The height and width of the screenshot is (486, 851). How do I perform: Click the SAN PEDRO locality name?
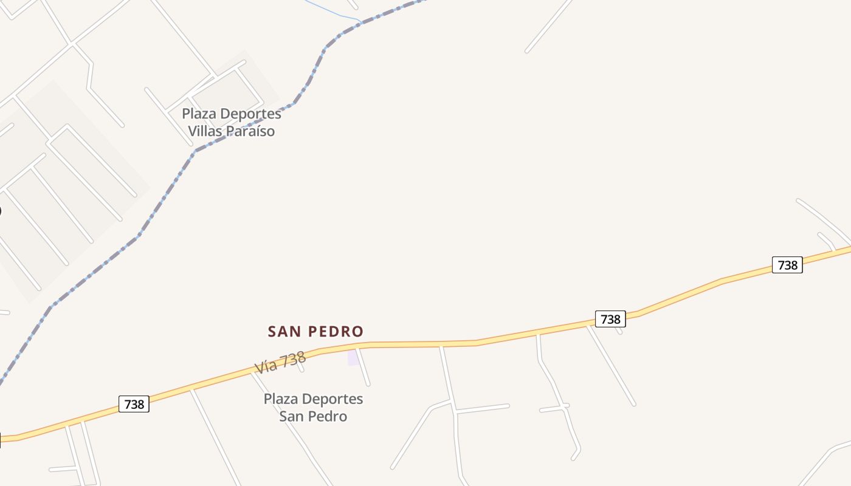pos(315,332)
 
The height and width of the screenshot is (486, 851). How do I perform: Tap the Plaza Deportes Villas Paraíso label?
pos(232,122)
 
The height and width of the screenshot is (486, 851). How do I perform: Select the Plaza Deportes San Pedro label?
pos(313,407)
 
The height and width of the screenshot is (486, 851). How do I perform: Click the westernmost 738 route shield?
pos(134,404)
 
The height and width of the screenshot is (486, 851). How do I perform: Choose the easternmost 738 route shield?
pos(787,265)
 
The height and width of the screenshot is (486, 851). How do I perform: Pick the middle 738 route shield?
pos(610,319)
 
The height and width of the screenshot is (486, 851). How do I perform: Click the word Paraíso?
pos(250,131)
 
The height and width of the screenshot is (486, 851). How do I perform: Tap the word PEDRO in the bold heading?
pos(336,332)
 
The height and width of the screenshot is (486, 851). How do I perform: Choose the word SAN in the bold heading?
pos(285,332)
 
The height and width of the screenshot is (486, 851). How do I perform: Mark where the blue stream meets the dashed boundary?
pos(362,23)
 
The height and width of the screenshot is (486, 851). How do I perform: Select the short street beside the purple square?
pos(363,368)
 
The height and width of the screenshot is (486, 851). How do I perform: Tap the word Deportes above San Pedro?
pos(332,399)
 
